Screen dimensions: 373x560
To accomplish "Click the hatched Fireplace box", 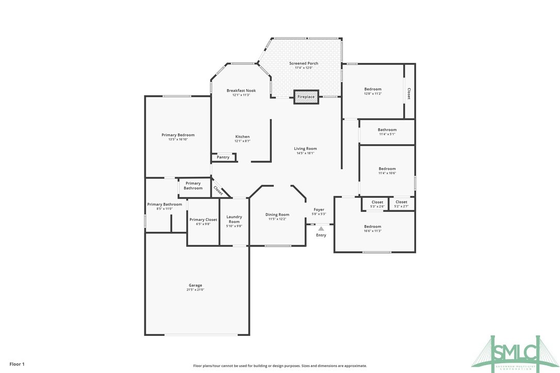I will (x=306, y=97).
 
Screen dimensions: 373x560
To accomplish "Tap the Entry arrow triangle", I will (x=321, y=228).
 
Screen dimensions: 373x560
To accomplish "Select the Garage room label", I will (x=195, y=285).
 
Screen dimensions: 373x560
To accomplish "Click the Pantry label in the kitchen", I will (x=223, y=157).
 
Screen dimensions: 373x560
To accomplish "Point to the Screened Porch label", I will (x=303, y=63).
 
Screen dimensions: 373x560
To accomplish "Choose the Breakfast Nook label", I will (x=241, y=91).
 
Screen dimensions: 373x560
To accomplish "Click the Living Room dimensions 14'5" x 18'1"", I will (x=305, y=153).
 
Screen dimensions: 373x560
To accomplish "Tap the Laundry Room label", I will (x=234, y=219).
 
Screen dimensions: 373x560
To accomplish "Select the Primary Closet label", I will (x=203, y=219).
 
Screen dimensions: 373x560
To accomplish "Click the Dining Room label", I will (x=277, y=214).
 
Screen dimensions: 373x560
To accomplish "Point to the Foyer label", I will (x=319, y=210).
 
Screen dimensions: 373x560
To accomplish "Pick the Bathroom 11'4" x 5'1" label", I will (x=387, y=130).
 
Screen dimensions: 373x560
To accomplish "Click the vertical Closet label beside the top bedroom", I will (x=409, y=94).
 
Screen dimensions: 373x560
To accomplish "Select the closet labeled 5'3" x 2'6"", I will (x=377, y=204).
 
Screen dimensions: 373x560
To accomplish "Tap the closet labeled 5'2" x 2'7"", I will (x=401, y=204).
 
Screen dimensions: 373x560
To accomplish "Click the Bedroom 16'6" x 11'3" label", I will (x=372, y=227).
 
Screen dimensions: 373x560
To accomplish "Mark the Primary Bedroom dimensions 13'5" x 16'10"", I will (x=177, y=140).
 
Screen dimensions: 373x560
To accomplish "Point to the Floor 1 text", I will (x=17, y=364).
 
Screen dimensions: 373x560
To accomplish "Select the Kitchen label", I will (x=242, y=137).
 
